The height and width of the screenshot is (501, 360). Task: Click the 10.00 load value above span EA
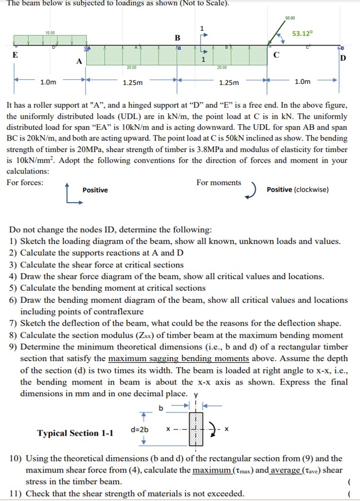coord(50,33)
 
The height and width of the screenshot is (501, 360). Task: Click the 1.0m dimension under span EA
coord(48,82)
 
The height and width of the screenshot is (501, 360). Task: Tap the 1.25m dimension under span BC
coord(228,83)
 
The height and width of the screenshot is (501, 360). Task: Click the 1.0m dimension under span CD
coord(302,82)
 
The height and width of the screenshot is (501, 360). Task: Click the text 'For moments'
coord(218,182)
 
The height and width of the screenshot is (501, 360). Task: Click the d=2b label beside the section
coord(140,430)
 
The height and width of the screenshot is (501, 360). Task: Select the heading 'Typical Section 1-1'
coord(75,433)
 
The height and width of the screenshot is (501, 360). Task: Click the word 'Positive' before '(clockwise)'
coord(279,189)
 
